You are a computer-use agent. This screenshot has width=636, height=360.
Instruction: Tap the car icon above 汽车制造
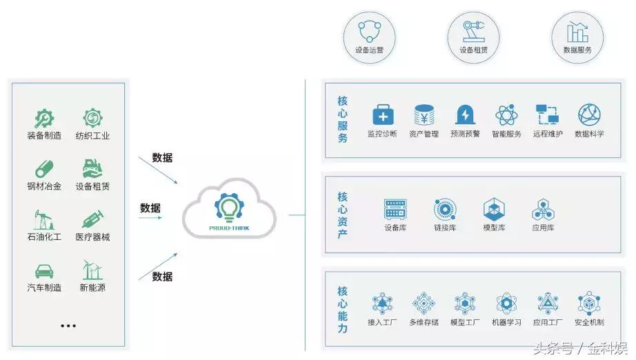coord(44,270)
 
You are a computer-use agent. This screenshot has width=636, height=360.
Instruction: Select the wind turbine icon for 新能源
coord(92,270)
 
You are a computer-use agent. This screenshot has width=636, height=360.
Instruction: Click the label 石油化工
coord(44,237)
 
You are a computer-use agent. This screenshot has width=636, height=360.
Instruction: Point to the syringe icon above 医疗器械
coord(92,220)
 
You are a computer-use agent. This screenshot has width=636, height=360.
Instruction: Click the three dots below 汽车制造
coord(68,325)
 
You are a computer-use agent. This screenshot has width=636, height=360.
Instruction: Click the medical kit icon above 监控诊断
coord(382,114)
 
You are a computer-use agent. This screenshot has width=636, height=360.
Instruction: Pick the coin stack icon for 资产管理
coord(424,114)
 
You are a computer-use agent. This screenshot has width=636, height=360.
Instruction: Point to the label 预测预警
coord(465,134)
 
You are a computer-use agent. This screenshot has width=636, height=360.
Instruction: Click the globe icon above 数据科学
coord(589,114)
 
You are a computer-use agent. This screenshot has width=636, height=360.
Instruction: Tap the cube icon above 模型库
coord(493,209)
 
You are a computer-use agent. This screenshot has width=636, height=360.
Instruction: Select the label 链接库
coord(444,228)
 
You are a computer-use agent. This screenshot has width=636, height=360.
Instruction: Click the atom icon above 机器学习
coord(506,303)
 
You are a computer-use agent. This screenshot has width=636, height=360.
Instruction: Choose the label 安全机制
coord(589,322)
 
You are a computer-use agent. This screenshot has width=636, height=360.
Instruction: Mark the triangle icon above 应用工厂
coord(548,303)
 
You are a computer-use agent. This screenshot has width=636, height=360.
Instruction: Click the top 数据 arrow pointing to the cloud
coord(158,170)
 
